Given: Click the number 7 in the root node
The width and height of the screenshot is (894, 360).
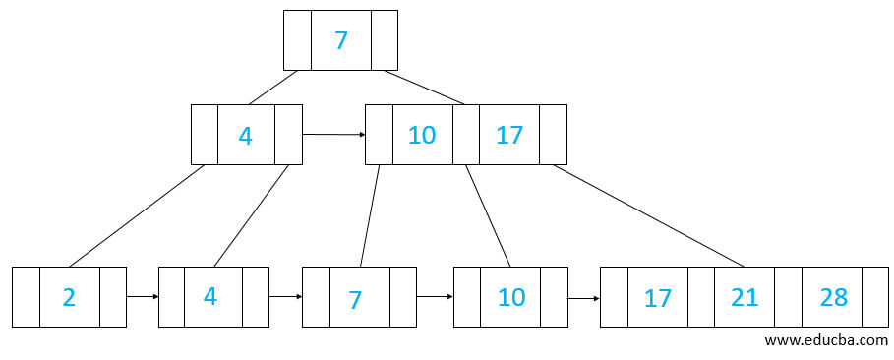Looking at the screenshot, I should [x=340, y=40].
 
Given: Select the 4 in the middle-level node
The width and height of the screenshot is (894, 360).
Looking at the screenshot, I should [x=246, y=135].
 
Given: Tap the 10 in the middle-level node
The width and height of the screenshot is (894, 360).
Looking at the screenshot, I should [x=422, y=135].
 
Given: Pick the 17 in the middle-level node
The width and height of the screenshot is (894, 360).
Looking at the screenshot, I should [x=509, y=135].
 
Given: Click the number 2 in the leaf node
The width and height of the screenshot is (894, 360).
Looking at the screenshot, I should [x=69, y=296].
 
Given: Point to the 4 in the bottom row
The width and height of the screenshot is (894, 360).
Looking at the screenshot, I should [x=210, y=296].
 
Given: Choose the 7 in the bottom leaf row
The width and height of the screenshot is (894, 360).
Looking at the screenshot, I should [x=355, y=298].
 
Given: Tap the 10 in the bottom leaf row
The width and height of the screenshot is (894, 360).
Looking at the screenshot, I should [x=511, y=296].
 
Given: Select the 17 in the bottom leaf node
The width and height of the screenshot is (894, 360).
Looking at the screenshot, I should [x=658, y=297].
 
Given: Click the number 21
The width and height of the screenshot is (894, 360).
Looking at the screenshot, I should [x=745, y=297].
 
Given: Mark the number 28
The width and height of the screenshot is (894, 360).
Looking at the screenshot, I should [x=833, y=297].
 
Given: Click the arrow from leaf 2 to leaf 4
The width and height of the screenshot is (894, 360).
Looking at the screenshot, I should [x=142, y=295].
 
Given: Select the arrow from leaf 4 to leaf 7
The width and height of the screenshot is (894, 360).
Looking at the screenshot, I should [x=285, y=295].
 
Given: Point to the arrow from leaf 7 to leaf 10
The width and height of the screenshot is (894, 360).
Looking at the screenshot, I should [x=435, y=295].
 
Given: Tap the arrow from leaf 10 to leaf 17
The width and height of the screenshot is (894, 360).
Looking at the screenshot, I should [x=583, y=297].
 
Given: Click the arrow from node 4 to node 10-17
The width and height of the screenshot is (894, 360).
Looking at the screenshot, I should [x=333, y=134].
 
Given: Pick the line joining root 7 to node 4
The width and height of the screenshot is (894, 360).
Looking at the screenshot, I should [x=273, y=87].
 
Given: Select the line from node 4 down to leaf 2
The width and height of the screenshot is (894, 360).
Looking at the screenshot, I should [x=137, y=214].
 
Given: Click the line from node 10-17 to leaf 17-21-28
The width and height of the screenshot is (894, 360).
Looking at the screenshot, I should [x=649, y=214].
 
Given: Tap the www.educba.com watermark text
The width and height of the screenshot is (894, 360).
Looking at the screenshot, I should [x=825, y=339].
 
